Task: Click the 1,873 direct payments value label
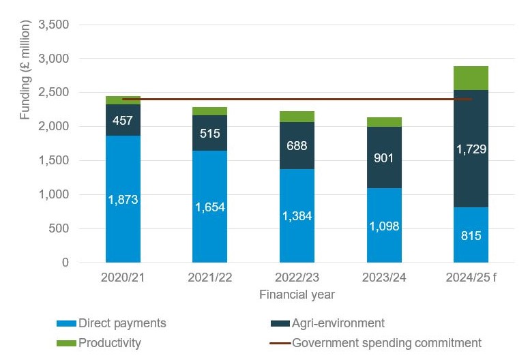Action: [x=123, y=200]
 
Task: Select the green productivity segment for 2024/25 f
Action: [x=471, y=78]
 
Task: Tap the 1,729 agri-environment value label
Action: [x=471, y=149]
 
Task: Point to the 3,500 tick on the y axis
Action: [x=55, y=25]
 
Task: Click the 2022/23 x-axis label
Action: [x=297, y=280]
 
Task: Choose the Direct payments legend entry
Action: [x=122, y=323]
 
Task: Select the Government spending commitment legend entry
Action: [x=386, y=343]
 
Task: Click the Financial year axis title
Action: [x=297, y=295]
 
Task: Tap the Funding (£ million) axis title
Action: [x=25, y=70]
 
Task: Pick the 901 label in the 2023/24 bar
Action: [x=384, y=158]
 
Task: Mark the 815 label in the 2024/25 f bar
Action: [x=471, y=236]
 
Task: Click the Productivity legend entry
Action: [x=109, y=343]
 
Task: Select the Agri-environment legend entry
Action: [x=338, y=323]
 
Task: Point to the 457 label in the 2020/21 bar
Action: [x=123, y=121]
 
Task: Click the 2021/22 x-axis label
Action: [x=210, y=280]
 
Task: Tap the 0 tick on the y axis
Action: [x=65, y=262]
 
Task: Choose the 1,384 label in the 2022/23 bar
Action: [x=297, y=216]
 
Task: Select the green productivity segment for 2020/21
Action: [x=123, y=100]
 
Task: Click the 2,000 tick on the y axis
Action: [x=55, y=126]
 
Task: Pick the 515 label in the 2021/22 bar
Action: [x=210, y=133]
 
